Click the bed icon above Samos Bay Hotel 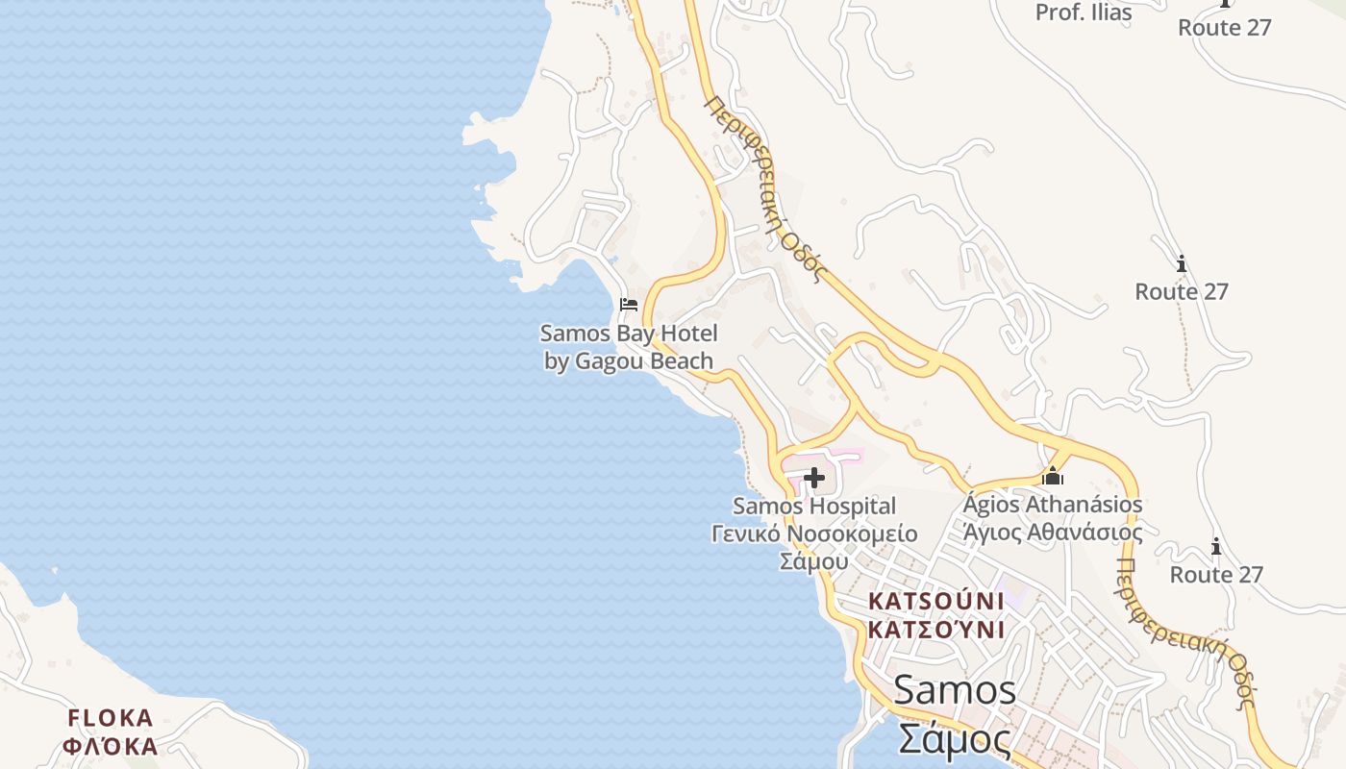(x=629, y=305)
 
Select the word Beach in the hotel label (x=682, y=361)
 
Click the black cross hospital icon (x=814, y=477)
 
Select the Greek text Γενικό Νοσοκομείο (x=813, y=533)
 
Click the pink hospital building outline (x=846, y=454)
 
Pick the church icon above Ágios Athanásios (x=1053, y=476)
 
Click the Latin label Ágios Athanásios (x=1053, y=504)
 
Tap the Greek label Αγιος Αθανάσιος (x=1053, y=532)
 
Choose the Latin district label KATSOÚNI (x=935, y=601)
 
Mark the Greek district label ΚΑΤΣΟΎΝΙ (x=935, y=630)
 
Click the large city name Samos (x=954, y=689)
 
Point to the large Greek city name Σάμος (x=954, y=738)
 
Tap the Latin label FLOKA (x=111, y=718)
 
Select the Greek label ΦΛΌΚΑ (x=111, y=746)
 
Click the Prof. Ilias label (x=1084, y=13)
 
